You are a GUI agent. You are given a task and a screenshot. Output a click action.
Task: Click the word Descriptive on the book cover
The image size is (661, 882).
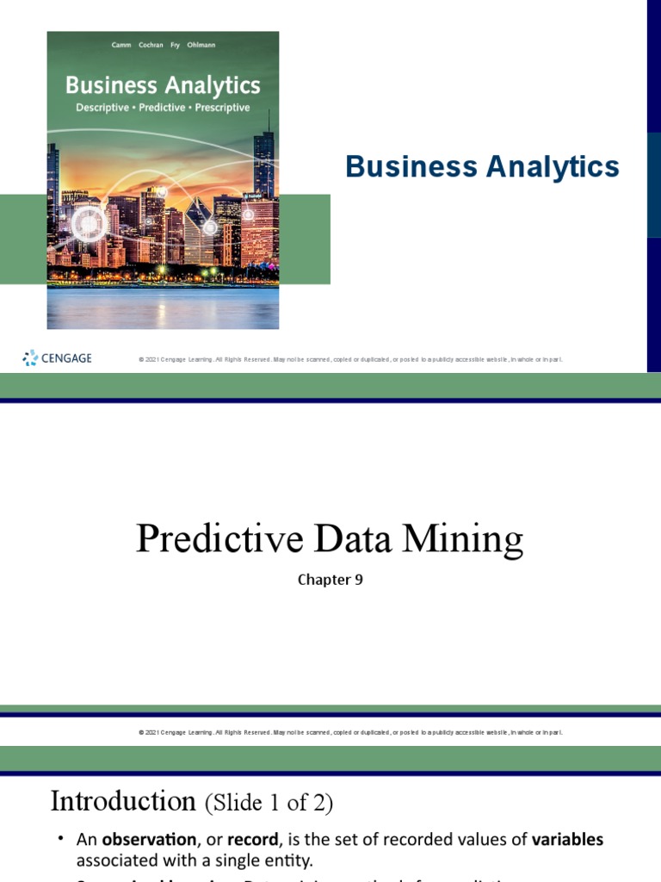click(107, 108)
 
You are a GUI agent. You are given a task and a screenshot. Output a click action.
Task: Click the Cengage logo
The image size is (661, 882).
click(57, 357)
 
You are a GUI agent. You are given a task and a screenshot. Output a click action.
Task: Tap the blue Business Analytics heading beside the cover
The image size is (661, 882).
click(482, 166)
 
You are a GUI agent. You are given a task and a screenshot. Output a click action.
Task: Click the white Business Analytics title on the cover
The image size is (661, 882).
click(163, 85)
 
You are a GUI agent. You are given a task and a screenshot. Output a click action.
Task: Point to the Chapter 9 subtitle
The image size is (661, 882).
click(330, 580)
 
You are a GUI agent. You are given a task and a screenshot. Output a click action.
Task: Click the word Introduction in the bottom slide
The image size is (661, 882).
click(123, 801)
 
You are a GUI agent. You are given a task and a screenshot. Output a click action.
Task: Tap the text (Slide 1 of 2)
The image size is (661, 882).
click(268, 803)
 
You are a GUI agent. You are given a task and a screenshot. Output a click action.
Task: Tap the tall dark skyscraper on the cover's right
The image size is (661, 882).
click(264, 164)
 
